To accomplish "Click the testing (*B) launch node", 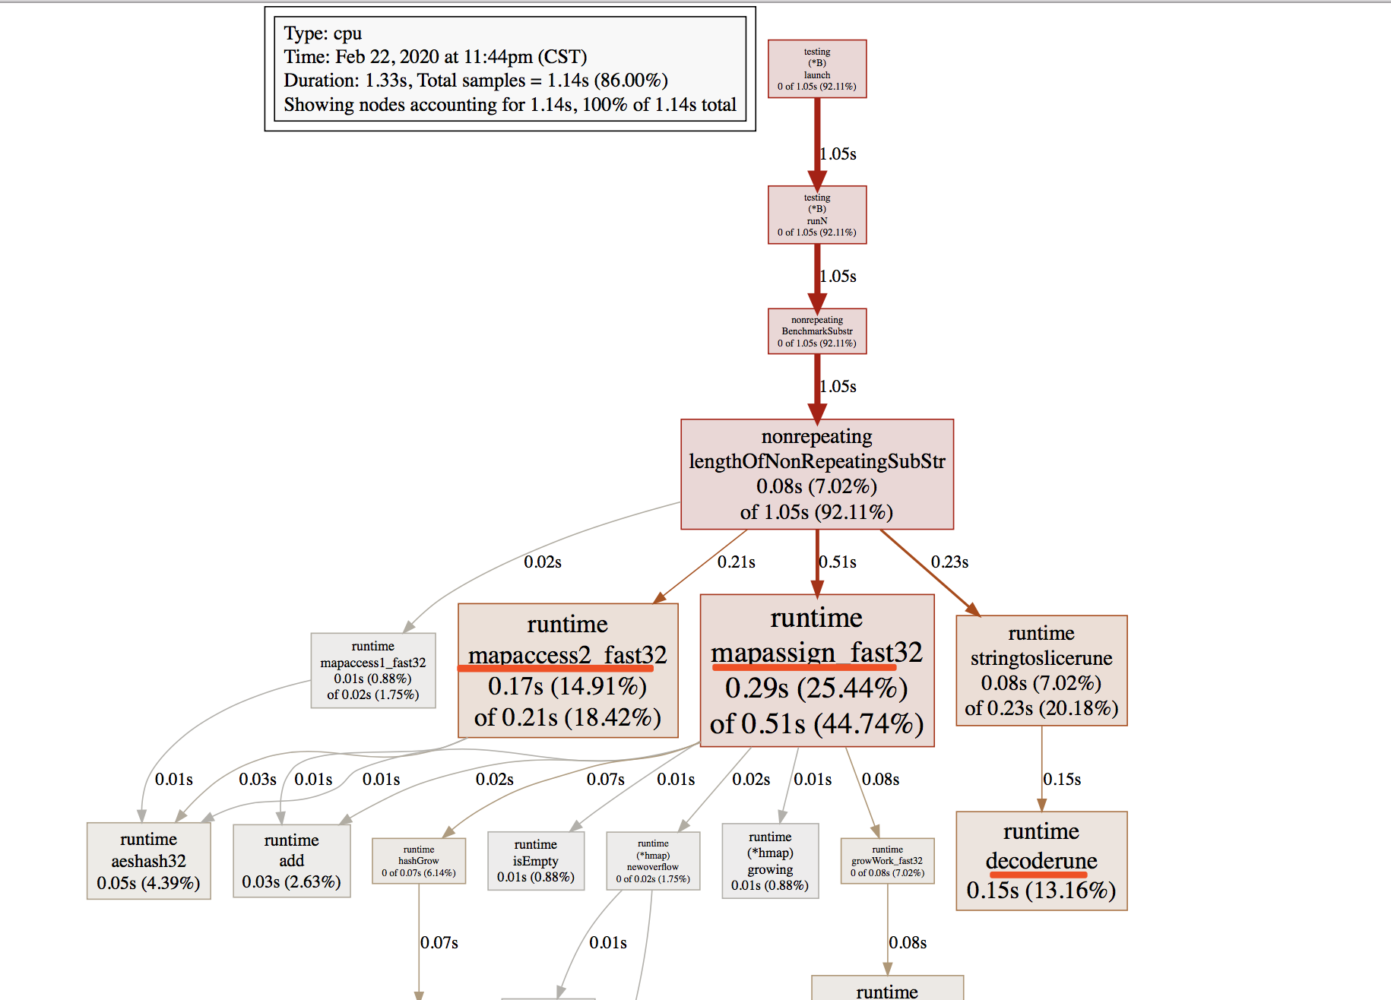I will (x=817, y=69).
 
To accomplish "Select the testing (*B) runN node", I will (x=817, y=215).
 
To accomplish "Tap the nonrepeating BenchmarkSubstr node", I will (x=817, y=331).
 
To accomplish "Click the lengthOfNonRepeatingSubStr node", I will (x=817, y=474).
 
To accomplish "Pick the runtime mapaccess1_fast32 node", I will (x=373, y=670).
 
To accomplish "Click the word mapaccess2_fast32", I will (x=567, y=654).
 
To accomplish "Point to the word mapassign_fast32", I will (x=816, y=652).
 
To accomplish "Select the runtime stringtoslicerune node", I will (x=1041, y=670).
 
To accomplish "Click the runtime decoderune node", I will (x=1041, y=860).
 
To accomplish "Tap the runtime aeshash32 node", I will (x=149, y=860).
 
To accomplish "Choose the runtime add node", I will (x=291, y=860).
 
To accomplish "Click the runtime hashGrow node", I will (x=419, y=861).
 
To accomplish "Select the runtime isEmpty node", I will (x=536, y=860).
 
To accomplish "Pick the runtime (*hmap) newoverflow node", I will (x=653, y=861).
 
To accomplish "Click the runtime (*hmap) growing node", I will (x=770, y=860).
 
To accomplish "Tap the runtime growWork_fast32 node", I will (x=887, y=861).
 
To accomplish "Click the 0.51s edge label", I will (x=838, y=562).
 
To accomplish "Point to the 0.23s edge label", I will (x=949, y=562).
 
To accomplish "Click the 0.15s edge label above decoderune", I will (x=1062, y=780).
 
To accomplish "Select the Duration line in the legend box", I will (x=476, y=81).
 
